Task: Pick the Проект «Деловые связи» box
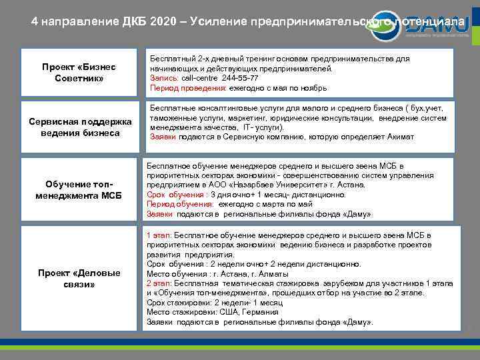pyautogui.click(x=79, y=279)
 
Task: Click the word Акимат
pyautogui.click(x=398, y=137)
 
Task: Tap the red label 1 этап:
pyautogui.click(x=158, y=236)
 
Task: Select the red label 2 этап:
pyautogui.click(x=158, y=283)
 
